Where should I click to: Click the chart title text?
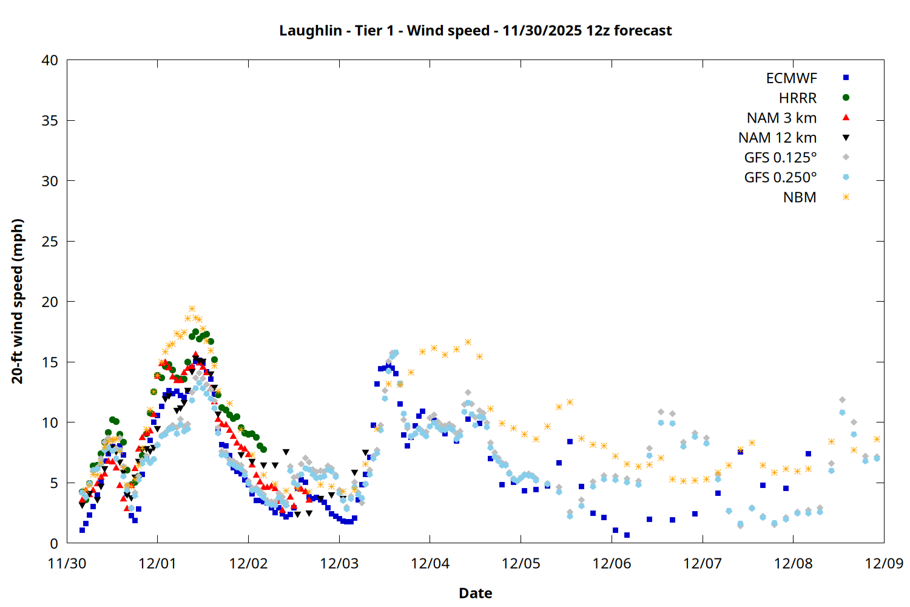475,30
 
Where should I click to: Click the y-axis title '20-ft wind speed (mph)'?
18,301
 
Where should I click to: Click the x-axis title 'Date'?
475,593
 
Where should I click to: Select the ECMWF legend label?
791,78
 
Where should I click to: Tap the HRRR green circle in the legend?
846,98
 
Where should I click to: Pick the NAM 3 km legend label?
781,118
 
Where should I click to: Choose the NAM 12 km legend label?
777,138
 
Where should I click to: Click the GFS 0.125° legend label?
780,158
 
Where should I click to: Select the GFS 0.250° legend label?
780,177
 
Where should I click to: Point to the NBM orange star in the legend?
846,197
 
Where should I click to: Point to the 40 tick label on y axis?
50,60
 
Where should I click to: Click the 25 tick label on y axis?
50,241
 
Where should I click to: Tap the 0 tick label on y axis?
54,543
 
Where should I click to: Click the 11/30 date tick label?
67,563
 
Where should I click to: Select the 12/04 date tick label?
430,563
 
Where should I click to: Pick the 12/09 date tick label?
884,563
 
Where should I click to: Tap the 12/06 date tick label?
612,563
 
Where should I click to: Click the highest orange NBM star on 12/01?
192,309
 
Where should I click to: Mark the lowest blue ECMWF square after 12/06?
627,535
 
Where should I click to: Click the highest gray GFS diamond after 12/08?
842,400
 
